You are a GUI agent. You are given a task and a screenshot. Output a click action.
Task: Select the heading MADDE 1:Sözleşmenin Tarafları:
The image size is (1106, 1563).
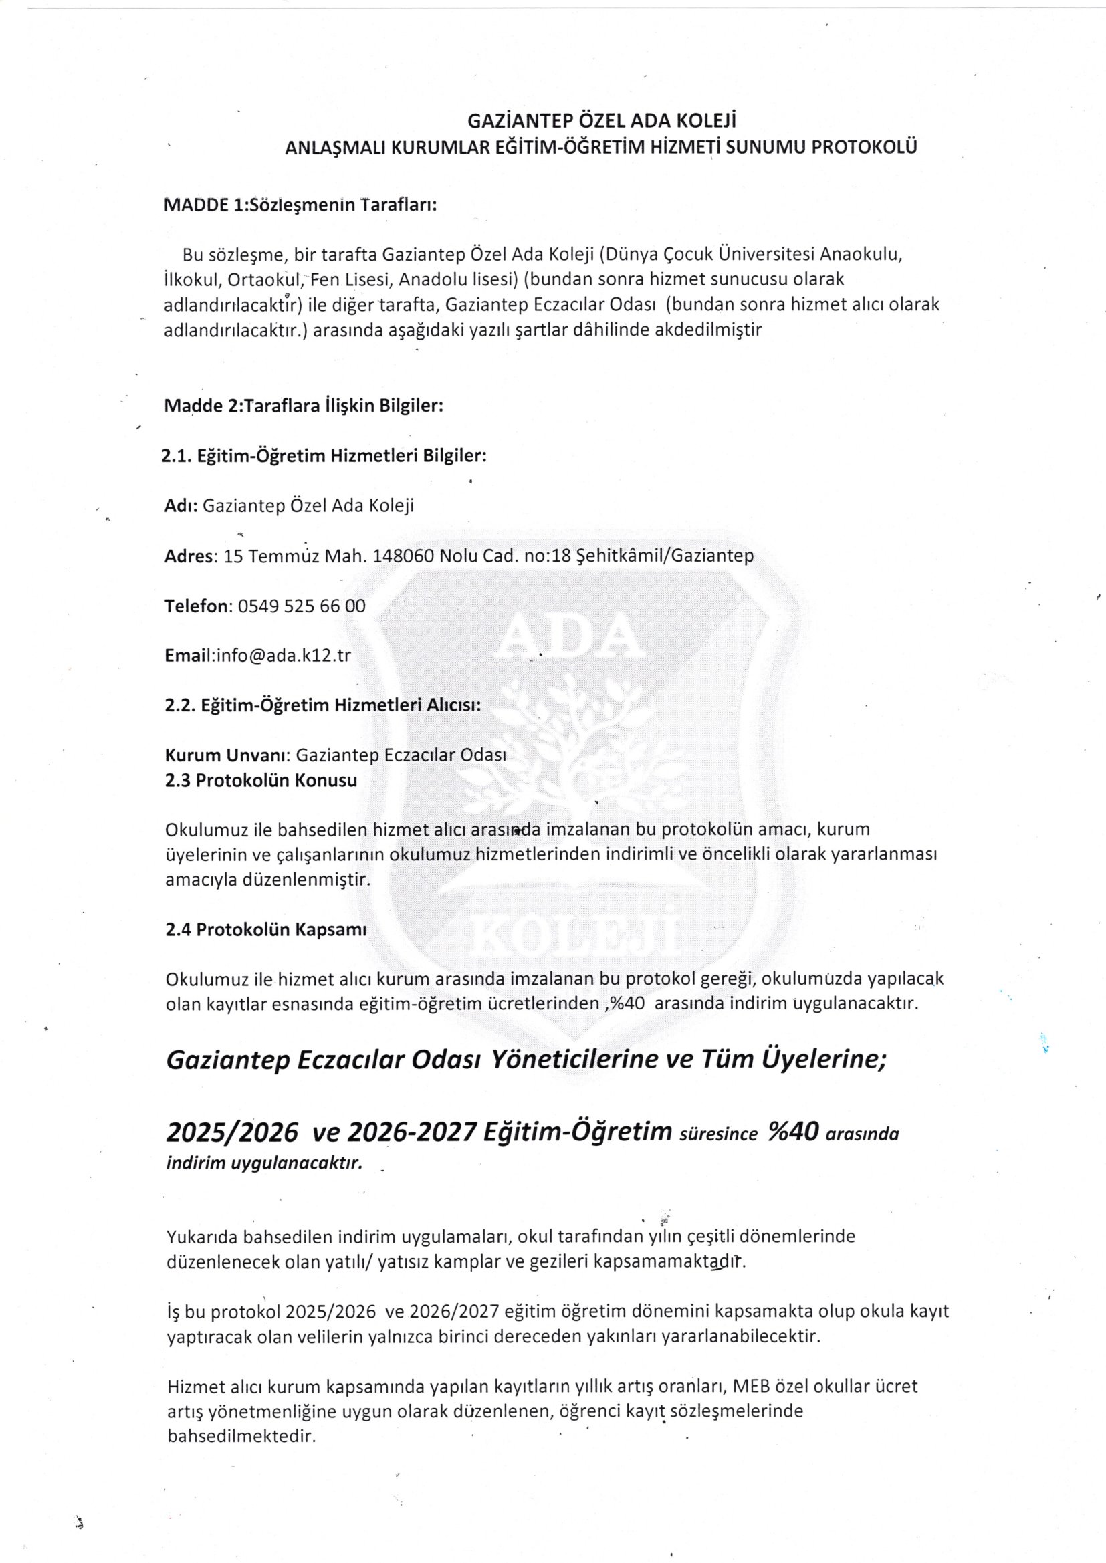[x=300, y=205]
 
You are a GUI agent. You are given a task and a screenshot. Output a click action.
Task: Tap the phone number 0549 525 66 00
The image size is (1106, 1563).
[x=302, y=606]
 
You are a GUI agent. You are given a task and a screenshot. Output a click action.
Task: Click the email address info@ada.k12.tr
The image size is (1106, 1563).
[x=283, y=656]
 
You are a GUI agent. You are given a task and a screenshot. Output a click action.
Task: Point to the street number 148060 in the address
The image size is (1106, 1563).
[x=405, y=556]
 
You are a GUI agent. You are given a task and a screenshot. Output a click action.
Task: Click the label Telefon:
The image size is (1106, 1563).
[x=199, y=606]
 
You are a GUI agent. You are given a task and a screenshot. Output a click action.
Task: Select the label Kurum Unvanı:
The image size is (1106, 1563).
[x=229, y=755]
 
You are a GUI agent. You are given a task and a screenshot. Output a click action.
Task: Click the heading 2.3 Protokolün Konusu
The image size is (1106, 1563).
[x=261, y=780]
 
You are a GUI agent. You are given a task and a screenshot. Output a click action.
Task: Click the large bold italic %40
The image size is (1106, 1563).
[x=793, y=1131]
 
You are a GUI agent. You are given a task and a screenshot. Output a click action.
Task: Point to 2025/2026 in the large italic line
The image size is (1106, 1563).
[x=232, y=1132]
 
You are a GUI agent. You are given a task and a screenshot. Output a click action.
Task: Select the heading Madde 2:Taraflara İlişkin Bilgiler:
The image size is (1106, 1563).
[x=304, y=406]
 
